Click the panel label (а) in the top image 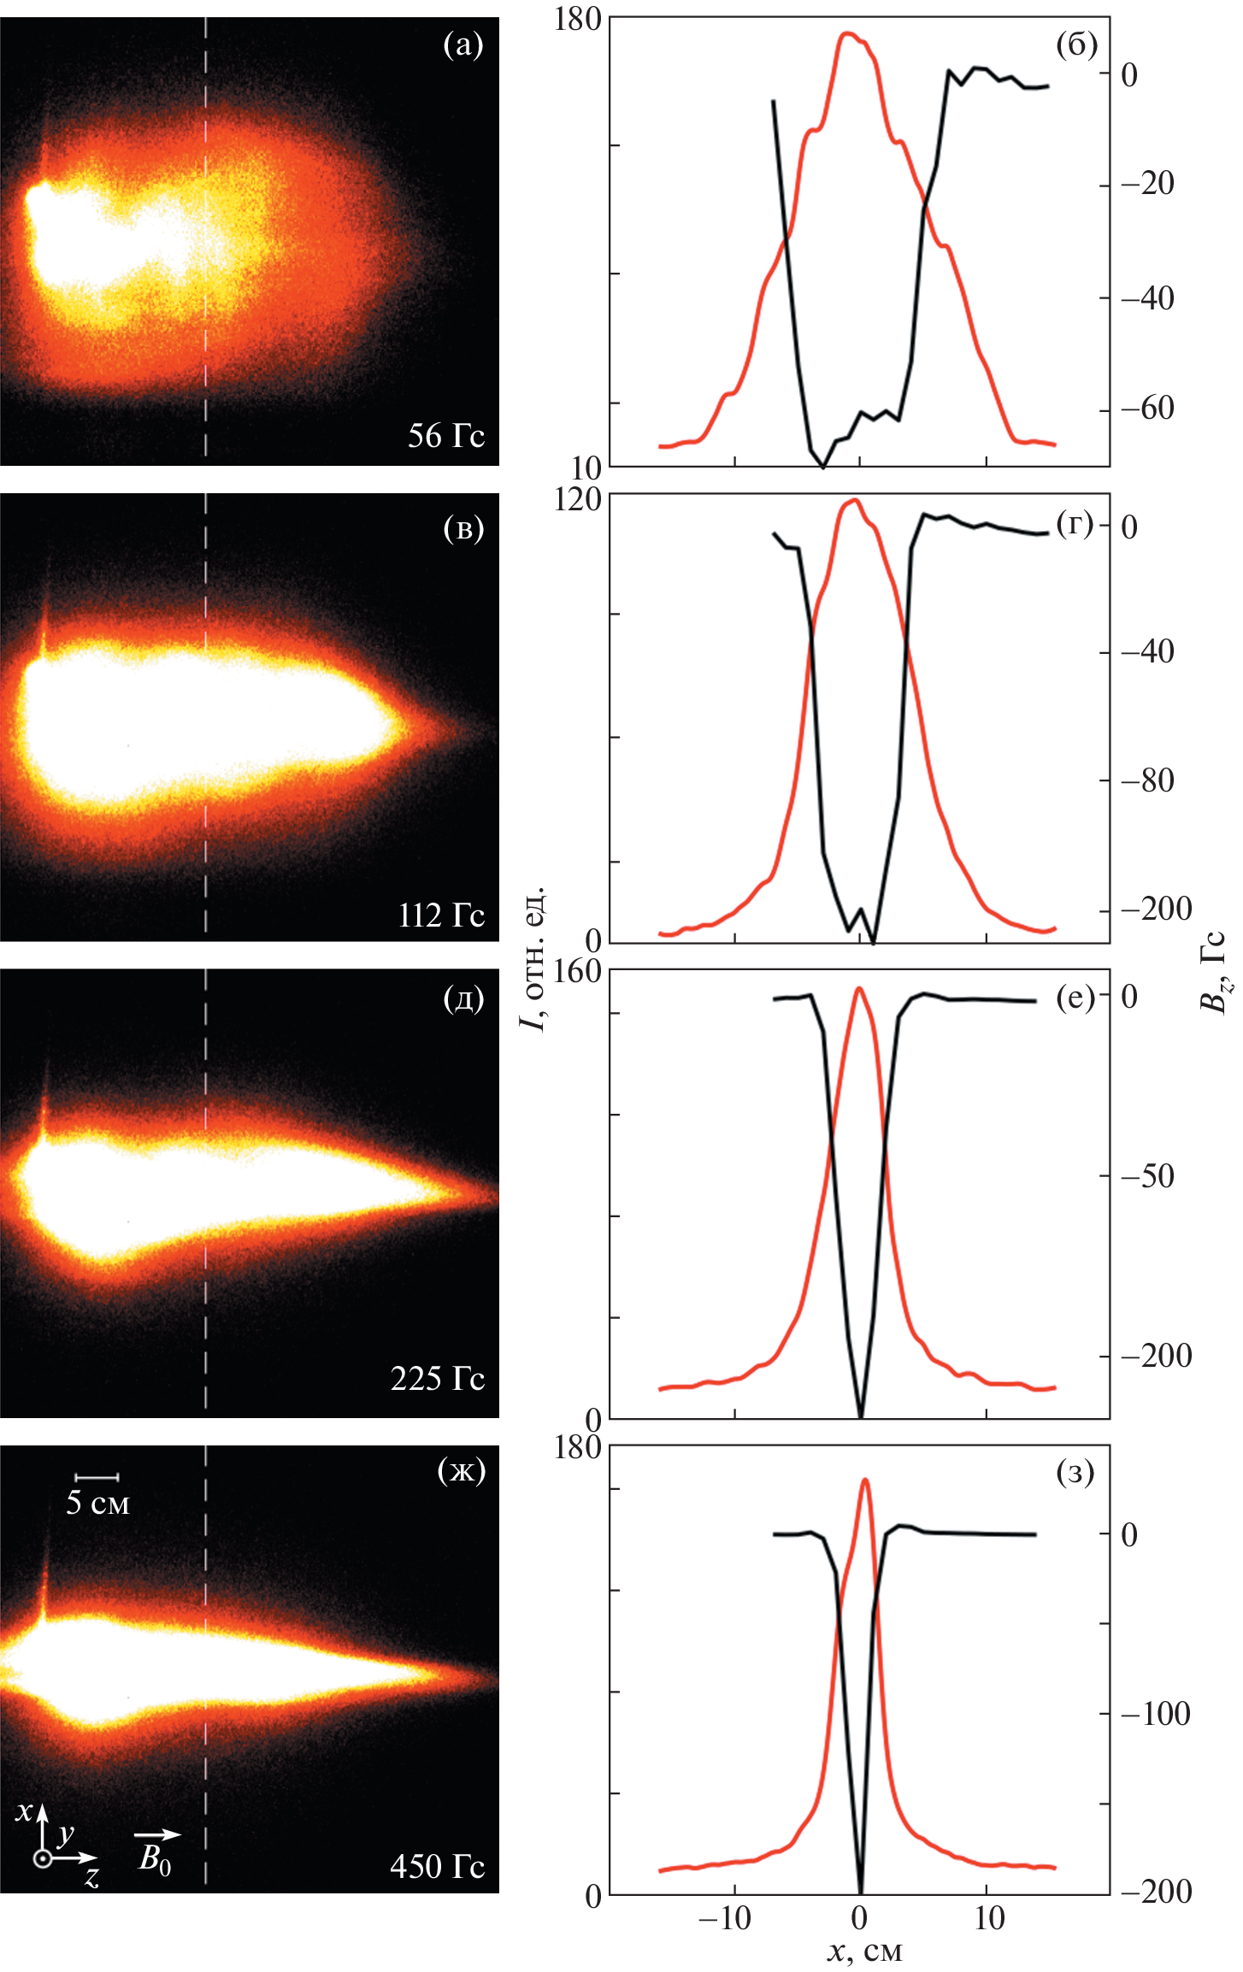click(x=463, y=44)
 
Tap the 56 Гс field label click(x=445, y=436)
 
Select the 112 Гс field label click(x=441, y=915)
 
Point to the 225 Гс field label click(x=437, y=1378)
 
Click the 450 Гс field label click(x=437, y=1866)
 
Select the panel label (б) click(x=1076, y=44)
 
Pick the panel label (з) click(x=1075, y=1472)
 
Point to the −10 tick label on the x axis click(x=724, y=1918)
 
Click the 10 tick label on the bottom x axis click(x=989, y=1918)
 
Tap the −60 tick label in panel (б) click(x=1147, y=409)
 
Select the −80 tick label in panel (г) click(x=1147, y=780)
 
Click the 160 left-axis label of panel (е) click(x=578, y=972)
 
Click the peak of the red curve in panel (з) click(x=865, y=1480)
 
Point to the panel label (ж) click(x=461, y=1470)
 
